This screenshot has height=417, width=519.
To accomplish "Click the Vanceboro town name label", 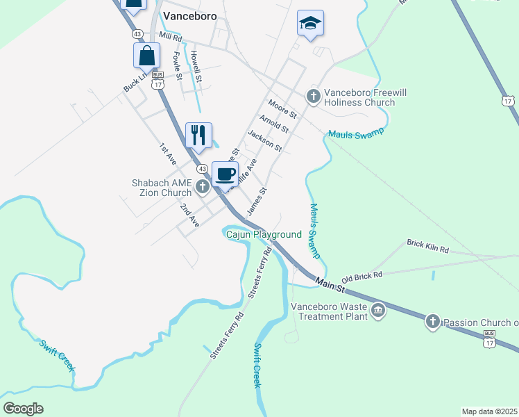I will (189, 15).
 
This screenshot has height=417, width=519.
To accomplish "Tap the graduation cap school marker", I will (310, 23).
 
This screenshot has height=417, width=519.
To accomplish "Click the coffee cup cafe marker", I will (225, 173).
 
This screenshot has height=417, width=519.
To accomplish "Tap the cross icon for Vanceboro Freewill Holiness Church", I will (313, 95).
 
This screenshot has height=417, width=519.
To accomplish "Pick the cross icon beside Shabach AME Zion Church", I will (203, 186).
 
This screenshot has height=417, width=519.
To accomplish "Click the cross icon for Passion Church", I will (432, 321).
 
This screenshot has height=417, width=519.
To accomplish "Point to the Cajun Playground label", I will (264, 235).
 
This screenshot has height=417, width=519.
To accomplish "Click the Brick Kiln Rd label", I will (428, 245).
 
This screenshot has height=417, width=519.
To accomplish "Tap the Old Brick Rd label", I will (361, 277).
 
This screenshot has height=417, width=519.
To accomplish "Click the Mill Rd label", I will (169, 35).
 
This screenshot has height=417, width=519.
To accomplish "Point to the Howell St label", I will (197, 65).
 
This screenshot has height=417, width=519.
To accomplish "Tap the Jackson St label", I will (264, 142).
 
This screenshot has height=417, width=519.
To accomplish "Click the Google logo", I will (23, 409).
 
